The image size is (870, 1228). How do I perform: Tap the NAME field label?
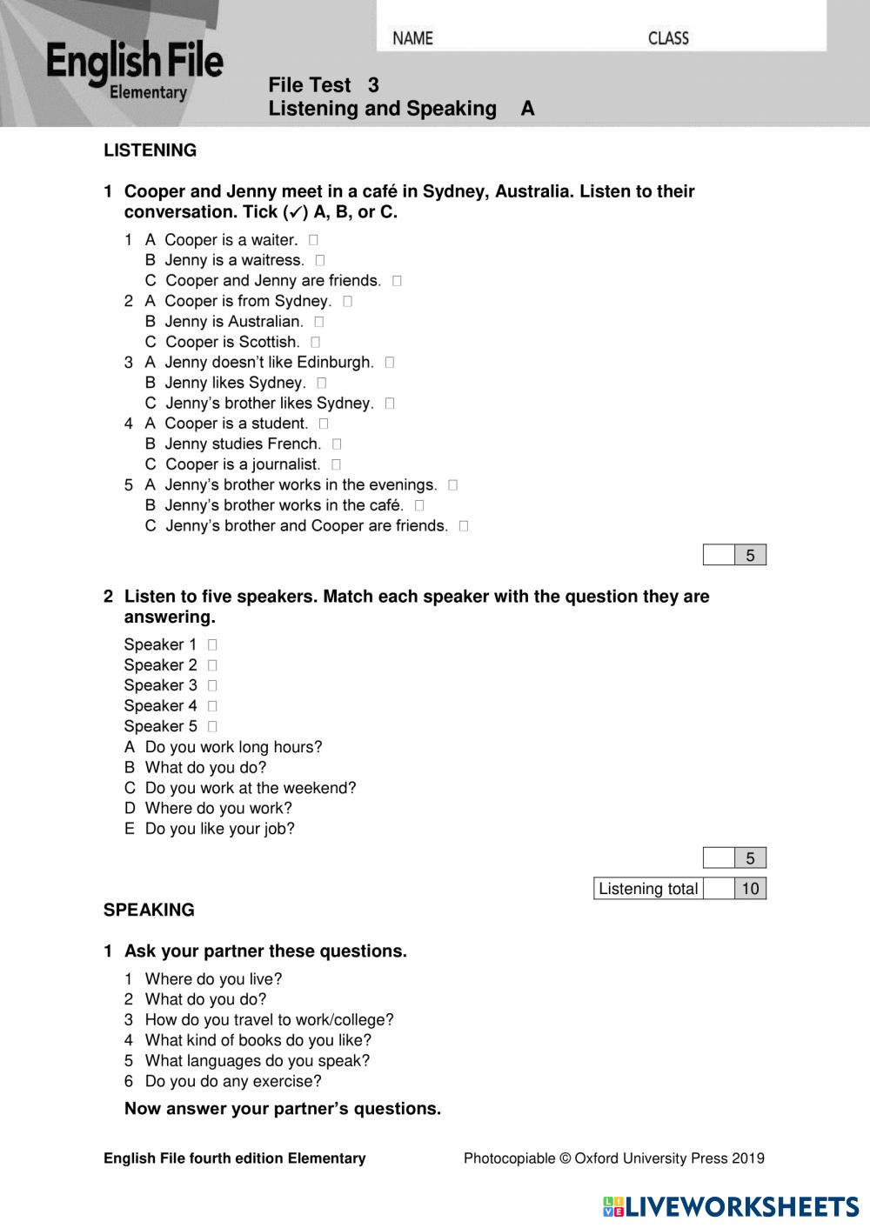[x=412, y=38]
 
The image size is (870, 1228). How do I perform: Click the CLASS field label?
[x=668, y=38]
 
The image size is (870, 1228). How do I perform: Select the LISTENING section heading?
[x=150, y=150]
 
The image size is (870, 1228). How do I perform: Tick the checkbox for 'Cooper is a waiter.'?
[x=313, y=239]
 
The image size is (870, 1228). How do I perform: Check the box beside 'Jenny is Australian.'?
[x=319, y=322]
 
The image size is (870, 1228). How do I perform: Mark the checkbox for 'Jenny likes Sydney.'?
[x=322, y=383]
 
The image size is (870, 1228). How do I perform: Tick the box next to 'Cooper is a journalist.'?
[x=337, y=464]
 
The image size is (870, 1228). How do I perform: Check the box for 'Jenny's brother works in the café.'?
[x=419, y=505]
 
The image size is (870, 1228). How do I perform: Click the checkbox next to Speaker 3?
[x=212, y=685]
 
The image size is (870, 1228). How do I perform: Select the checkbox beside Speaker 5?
[x=212, y=726]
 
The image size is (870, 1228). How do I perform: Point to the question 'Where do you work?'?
[x=218, y=808]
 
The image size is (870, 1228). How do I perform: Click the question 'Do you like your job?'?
[x=219, y=829]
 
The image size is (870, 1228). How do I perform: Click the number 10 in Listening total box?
[x=750, y=888]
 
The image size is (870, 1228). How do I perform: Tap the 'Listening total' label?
[x=648, y=888]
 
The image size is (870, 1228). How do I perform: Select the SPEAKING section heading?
[x=149, y=910]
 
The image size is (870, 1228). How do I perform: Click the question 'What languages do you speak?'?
[x=257, y=1060]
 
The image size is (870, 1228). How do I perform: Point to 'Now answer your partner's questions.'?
[x=283, y=1108]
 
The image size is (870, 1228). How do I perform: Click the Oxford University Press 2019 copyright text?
[x=613, y=1158]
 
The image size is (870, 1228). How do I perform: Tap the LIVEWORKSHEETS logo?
[x=731, y=1206]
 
